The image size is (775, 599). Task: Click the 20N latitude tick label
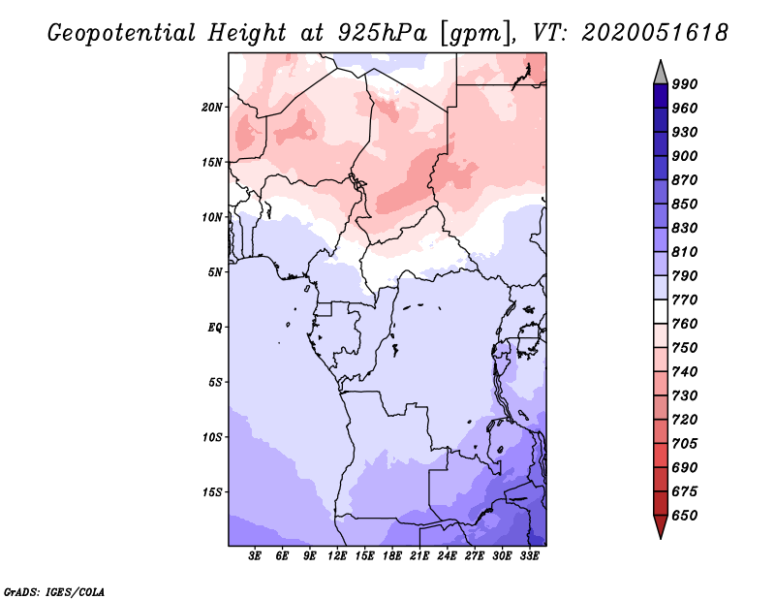click(x=212, y=107)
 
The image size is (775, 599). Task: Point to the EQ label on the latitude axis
click(x=214, y=327)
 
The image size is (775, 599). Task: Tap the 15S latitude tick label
click(x=212, y=491)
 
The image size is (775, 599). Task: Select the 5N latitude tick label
click(x=214, y=271)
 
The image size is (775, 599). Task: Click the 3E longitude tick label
click(x=256, y=556)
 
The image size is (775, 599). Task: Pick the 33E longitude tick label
click(x=529, y=556)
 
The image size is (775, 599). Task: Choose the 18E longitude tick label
click(x=392, y=556)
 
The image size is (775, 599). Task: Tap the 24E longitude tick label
click(x=448, y=556)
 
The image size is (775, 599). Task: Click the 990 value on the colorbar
click(x=685, y=84)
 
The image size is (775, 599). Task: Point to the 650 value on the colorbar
click(x=685, y=516)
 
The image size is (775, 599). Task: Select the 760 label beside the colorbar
click(x=685, y=324)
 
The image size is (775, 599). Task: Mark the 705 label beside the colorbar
click(x=685, y=444)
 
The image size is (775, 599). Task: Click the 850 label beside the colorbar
click(x=685, y=205)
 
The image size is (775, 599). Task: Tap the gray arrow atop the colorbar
click(x=660, y=72)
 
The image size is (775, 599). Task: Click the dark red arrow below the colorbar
click(x=660, y=526)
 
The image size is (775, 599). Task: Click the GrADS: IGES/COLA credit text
click(x=53, y=590)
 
